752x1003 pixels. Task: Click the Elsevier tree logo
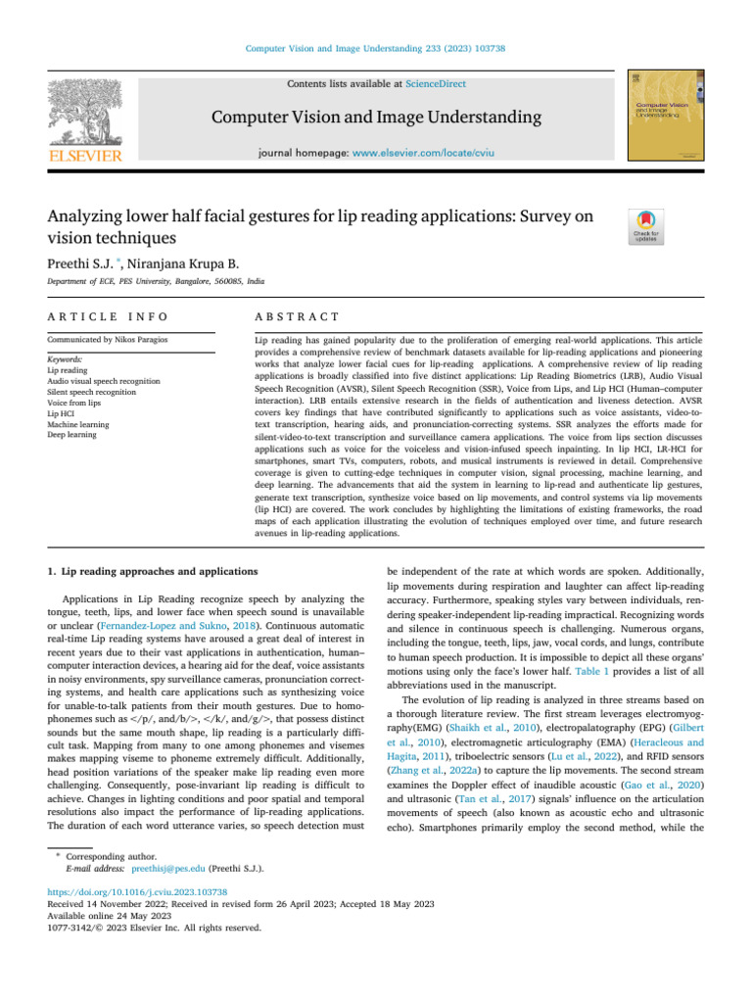[x=87, y=110]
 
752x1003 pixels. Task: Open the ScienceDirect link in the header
[x=437, y=84]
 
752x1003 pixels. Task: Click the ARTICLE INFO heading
[x=108, y=317]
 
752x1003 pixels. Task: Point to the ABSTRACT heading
[x=296, y=317]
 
